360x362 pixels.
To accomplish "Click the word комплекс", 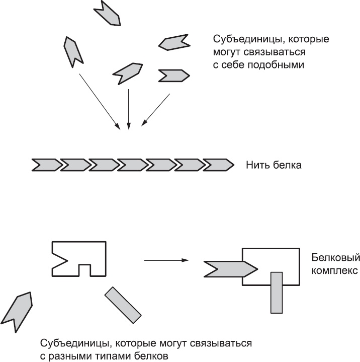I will [334, 271].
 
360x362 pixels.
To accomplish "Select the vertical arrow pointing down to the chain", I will [129, 108].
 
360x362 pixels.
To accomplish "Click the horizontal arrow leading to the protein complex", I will [166, 260].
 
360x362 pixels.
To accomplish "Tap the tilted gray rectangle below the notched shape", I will [123, 305].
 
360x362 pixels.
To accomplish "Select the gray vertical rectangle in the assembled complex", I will [277, 292].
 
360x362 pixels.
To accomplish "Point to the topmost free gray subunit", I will [109, 12].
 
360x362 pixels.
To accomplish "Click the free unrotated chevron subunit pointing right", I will [174, 76].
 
